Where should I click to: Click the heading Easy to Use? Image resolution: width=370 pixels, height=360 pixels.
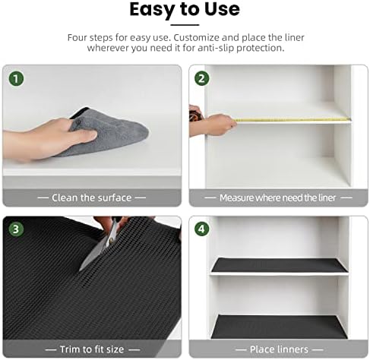coord(185,10)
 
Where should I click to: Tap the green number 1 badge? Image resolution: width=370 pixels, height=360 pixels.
coord(16,78)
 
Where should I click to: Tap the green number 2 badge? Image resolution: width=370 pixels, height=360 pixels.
coord(202,78)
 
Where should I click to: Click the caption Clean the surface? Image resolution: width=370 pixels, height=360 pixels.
coord(91,197)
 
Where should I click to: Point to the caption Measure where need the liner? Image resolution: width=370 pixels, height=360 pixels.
coord(277,197)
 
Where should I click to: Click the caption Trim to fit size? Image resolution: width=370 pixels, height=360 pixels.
coord(91,349)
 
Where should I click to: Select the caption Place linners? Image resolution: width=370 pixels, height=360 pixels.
coord(277,349)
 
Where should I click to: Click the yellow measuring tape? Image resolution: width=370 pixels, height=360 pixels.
coord(289,119)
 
